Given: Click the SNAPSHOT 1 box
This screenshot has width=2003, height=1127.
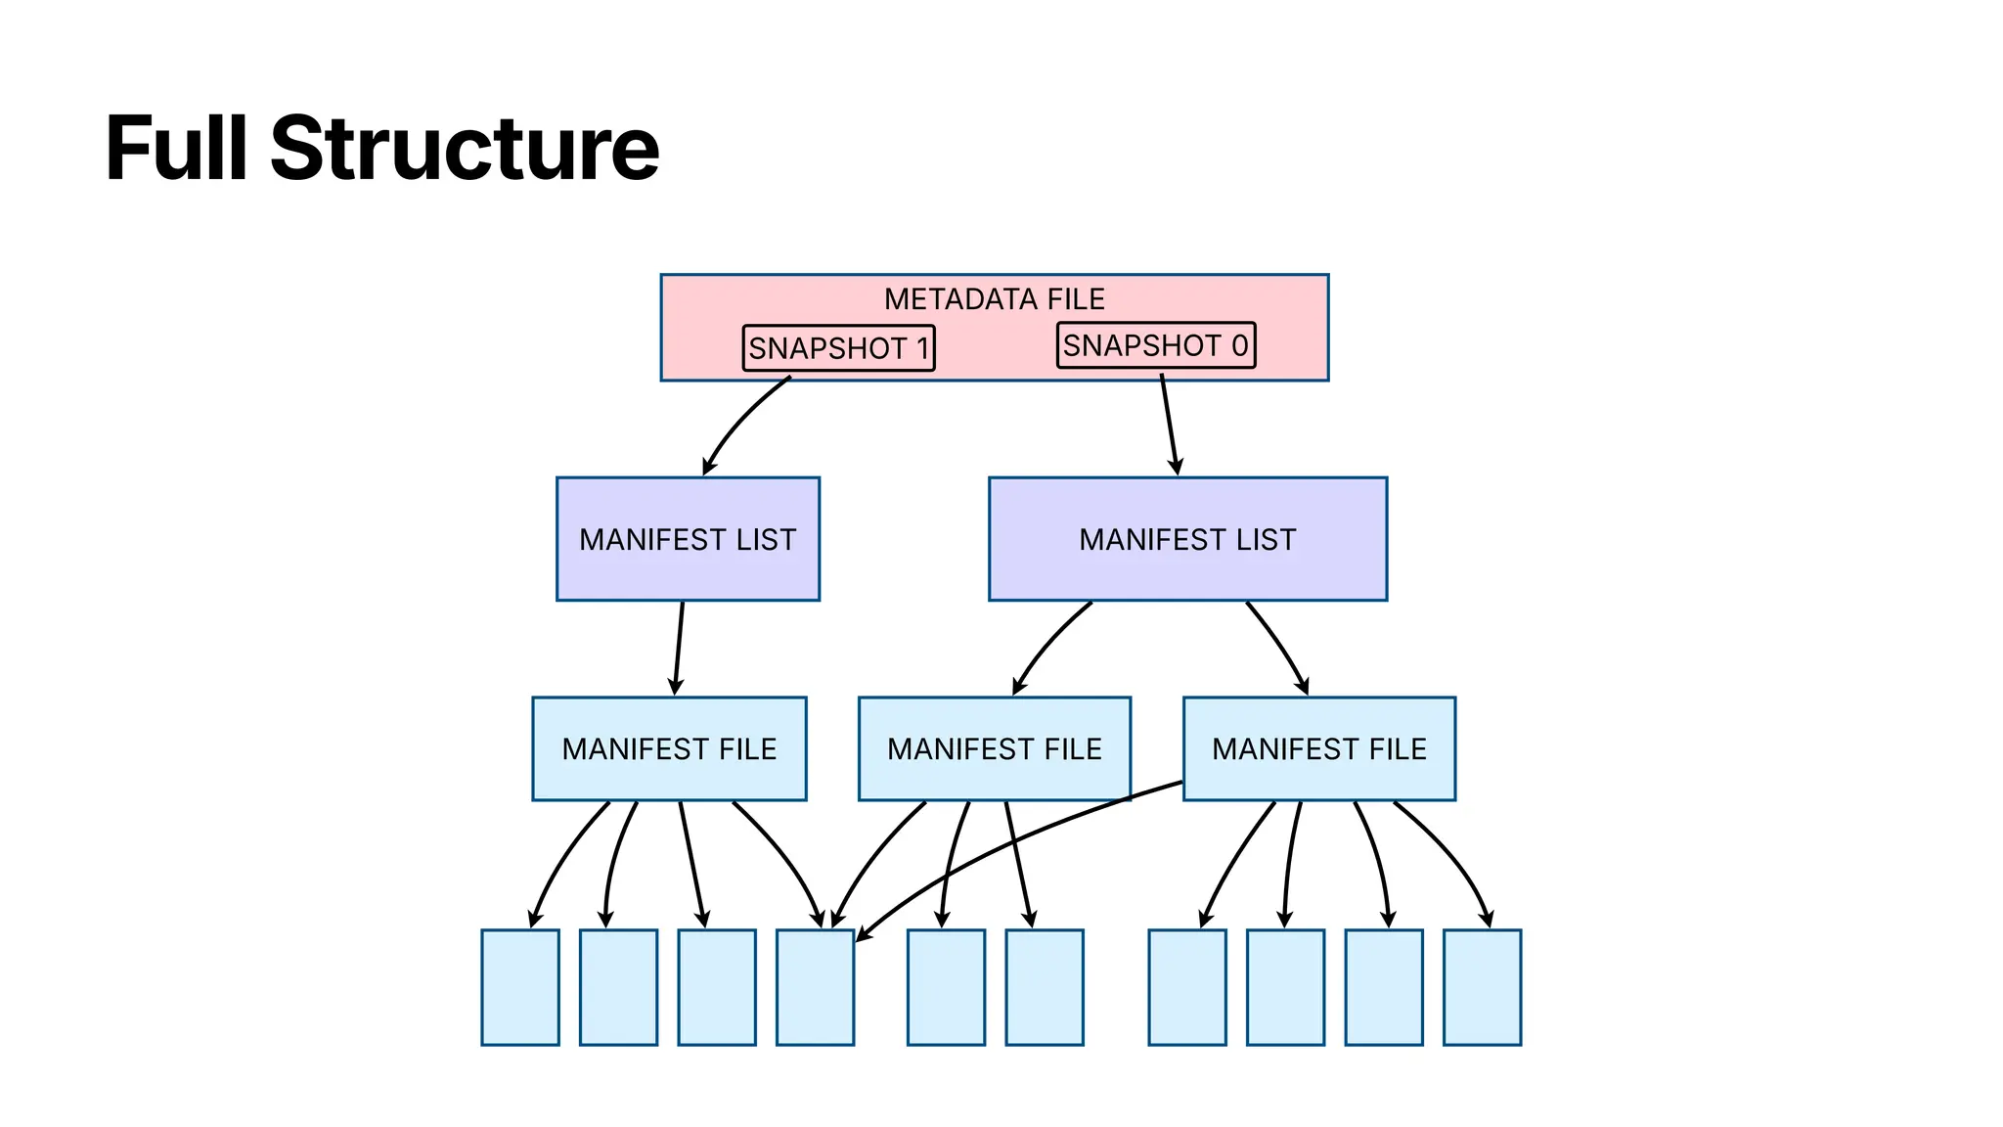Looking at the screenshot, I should tap(838, 348).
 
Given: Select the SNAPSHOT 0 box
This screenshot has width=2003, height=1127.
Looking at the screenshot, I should tap(1155, 345).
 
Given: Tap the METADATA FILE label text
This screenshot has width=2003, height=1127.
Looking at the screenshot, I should tap(994, 299).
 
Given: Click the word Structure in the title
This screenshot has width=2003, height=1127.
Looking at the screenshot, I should tap(465, 149).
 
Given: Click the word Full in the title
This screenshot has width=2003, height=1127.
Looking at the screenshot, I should tap(176, 149).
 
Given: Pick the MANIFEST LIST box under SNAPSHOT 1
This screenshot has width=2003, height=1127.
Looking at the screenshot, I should tap(688, 539).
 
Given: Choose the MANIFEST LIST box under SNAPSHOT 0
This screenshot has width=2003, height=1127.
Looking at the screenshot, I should tap(1187, 539).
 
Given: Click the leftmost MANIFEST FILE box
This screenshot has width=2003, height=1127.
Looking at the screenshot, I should tap(669, 748).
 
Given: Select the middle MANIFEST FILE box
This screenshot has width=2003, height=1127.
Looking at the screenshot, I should tap(994, 748).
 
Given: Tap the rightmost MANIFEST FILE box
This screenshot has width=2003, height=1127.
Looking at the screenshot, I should tap(1318, 748).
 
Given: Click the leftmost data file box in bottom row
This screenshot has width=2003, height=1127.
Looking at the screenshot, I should tap(520, 987).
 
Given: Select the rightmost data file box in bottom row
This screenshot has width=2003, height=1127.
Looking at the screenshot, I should tap(1482, 987).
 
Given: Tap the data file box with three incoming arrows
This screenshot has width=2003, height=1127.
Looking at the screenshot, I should tap(815, 987).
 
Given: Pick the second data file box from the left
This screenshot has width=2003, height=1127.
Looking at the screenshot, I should tap(618, 987).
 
